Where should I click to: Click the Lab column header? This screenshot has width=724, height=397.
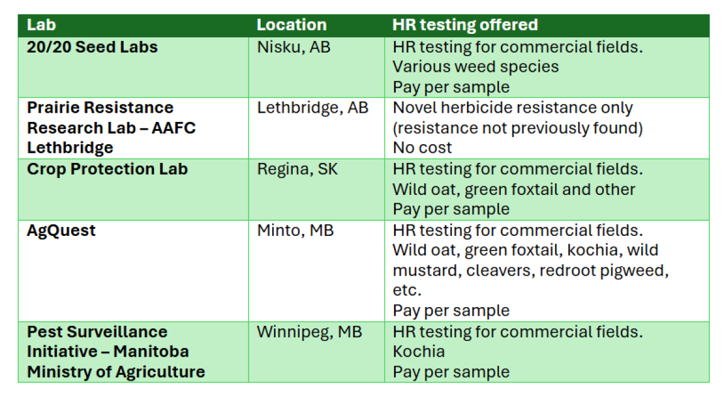[x=42, y=25]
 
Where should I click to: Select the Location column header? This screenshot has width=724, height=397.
[x=291, y=25]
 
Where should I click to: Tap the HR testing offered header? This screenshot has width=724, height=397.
[x=465, y=25]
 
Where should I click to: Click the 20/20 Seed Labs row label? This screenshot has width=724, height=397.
[x=92, y=47]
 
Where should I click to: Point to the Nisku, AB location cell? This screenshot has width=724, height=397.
[x=293, y=48]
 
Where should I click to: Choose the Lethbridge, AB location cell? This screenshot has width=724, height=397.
[x=313, y=108]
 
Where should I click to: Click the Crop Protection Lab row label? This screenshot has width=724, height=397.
[x=107, y=169]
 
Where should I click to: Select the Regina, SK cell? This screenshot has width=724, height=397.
[x=297, y=170]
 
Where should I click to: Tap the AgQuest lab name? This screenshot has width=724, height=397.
[x=61, y=231]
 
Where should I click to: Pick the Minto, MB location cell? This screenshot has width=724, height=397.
[x=295, y=231]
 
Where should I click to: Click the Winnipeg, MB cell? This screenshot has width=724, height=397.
[x=310, y=332]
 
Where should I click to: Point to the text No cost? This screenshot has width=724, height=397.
[x=422, y=148]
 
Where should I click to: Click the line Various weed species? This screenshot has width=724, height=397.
[x=476, y=67]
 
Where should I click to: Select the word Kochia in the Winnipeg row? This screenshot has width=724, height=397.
[x=419, y=352]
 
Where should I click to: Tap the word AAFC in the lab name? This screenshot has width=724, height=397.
[x=174, y=128]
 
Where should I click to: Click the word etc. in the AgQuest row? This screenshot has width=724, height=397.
[x=407, y=290]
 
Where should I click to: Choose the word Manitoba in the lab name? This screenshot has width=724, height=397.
[x=151, y=352]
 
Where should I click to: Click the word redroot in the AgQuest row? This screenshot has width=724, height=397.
[x=568, y=270]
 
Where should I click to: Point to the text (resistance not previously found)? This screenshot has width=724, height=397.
[x=518, y=129]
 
